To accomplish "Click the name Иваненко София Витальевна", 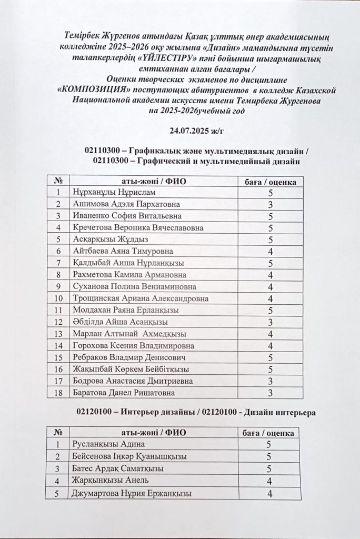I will [x=127, y=216].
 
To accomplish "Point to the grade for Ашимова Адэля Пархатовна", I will [x=269, y=204].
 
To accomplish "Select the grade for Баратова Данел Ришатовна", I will [x=269, y=393].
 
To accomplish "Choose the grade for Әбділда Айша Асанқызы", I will [x=269, y=322].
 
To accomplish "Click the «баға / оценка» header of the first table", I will [x=271, y=182].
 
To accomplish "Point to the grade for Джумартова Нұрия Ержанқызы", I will [x=269, y=493].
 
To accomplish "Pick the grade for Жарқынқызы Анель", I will [x=269, y=481].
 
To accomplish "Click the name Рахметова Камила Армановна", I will [x=128, y=275].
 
